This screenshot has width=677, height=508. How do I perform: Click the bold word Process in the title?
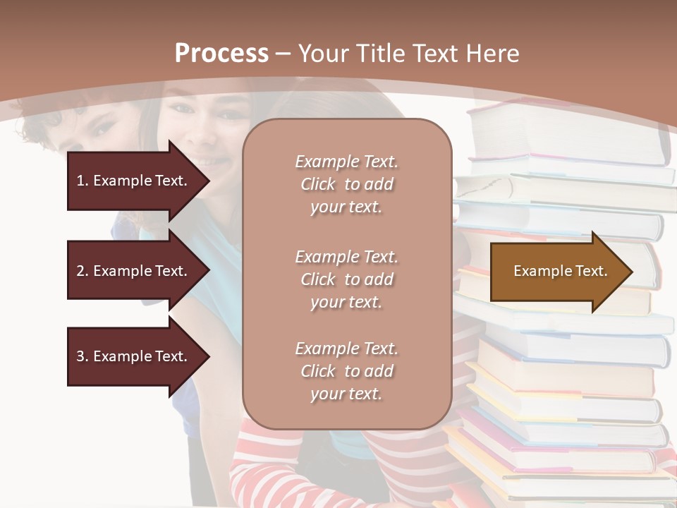tap(221, 54)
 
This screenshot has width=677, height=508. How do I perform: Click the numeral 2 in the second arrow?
tap(80, 271)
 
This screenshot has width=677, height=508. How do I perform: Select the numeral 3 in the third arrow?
tap(80, 356)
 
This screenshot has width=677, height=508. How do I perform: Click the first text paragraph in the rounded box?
tap(346, 184)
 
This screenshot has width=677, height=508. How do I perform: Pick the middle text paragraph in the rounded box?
tap(346, 279)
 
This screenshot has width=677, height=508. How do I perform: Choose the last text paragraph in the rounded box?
tap(346, 371)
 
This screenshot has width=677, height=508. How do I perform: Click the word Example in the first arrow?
tap(122, 181)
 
